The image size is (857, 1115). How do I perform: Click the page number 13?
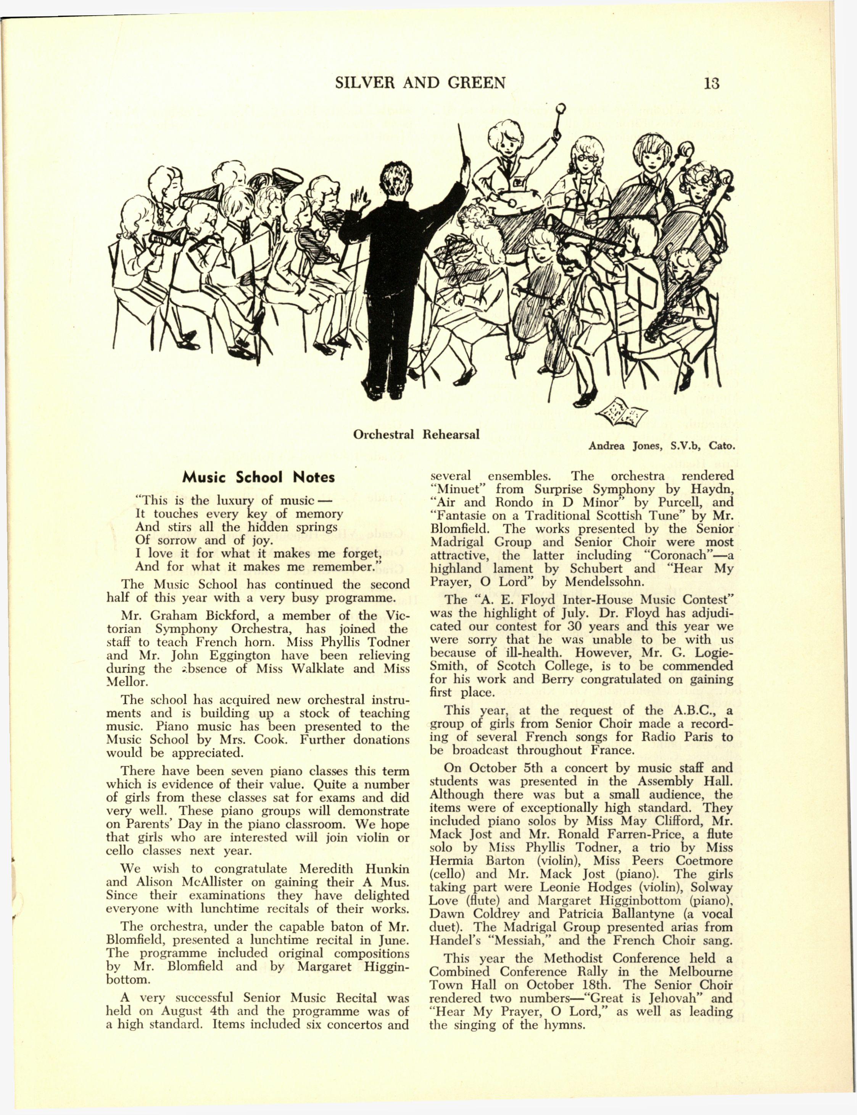(711, 83)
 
